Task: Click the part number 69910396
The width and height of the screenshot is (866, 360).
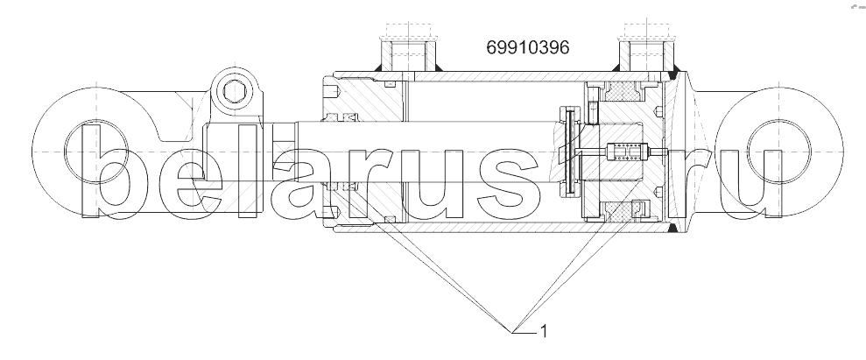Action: [x=527, y=47]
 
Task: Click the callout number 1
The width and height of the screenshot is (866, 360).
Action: [x=544, y=331]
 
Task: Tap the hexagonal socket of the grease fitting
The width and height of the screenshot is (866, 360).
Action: [x=234, y=91]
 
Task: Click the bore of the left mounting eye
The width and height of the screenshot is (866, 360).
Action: [x=96, y=151]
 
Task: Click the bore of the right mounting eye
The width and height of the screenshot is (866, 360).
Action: [x=778, y=151]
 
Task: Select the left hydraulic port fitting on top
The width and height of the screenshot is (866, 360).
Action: [x=408, y=53]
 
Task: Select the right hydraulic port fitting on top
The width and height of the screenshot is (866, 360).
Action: [x=646, y=53]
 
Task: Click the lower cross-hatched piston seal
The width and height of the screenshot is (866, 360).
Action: [x=623, y=210]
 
